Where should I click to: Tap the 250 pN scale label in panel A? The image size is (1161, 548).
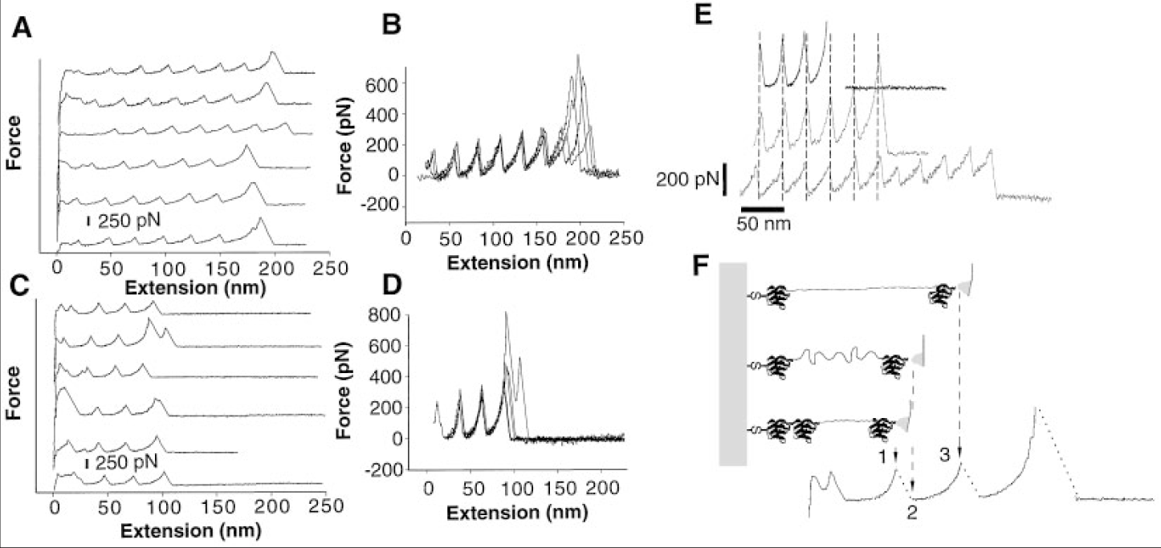pos(129,219)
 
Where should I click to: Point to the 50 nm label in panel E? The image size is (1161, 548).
pos(764,224)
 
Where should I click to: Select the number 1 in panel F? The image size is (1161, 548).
pos(883,456)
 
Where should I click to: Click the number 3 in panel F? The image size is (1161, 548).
pos(947,456)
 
